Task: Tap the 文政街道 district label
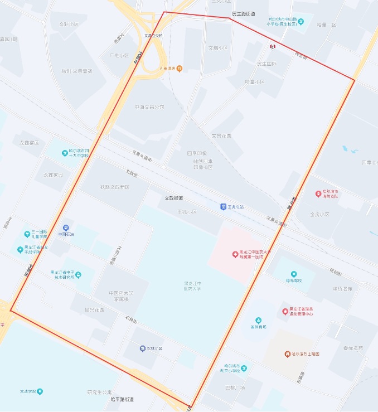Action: (x=173, y=198)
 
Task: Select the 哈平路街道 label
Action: (x=122, y=400)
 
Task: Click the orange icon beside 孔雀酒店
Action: (x=179, y=69)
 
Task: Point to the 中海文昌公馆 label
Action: (x=149, y=107)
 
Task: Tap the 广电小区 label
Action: (x=119, y=56)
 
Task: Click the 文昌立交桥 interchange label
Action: (x=153, y=35)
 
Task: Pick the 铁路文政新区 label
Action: (x=114, y=187)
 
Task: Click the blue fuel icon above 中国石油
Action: (x=66, y=227)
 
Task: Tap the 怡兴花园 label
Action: (x=94, y=309)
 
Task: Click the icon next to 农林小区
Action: (x=143, y=348)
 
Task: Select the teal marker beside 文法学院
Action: (x=40, y=391)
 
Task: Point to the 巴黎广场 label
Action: (x=235, y=387)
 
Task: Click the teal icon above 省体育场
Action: (x=258, y=320)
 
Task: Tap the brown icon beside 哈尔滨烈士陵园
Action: (x=287, y=354)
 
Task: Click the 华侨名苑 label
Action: (x=343, y=289)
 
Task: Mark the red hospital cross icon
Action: (x=235, y=254)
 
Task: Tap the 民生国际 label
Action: (x=266, y=64)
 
